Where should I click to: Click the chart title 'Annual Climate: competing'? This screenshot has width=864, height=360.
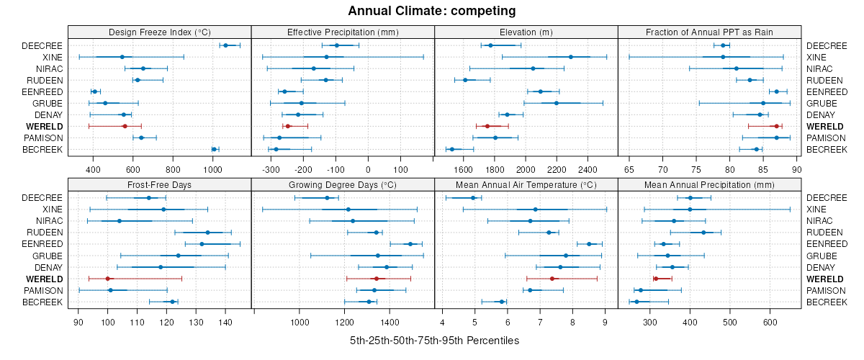(x=432, y=11)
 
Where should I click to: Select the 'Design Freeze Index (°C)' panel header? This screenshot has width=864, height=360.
(x=159, y=32)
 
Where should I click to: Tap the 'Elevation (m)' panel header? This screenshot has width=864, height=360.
(x=526, y=32)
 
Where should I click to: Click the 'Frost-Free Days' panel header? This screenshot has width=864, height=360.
(x=159, y=184)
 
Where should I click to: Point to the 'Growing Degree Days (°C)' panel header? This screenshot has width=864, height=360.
(x=343, y=184)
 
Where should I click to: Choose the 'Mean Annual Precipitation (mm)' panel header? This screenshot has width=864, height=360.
(x=709, y=184)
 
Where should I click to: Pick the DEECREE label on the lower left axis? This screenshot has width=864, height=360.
(x=42, y=197)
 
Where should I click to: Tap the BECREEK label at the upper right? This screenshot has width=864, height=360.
(x=827, y=149)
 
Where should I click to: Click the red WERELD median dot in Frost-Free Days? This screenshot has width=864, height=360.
(x=108, y=279)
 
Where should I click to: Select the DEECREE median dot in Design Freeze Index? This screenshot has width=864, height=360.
(x=225, y=45)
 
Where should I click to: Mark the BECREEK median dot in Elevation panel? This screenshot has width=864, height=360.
(x=452, y=149)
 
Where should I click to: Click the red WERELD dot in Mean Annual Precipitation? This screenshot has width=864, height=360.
(x=656, y=279)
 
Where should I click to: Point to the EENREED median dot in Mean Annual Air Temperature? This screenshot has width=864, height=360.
(x=589, y=244)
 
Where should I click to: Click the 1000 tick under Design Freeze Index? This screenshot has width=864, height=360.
(x=212, y=170)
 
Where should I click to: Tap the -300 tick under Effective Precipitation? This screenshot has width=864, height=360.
(x=271, y=170)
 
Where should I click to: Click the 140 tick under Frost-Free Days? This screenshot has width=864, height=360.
(x=225, y=323)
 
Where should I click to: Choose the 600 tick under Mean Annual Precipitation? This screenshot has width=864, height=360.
(x=770, y=323)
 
